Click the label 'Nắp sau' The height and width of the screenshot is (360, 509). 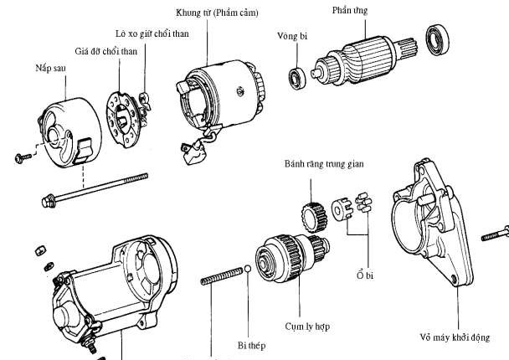(52, 66)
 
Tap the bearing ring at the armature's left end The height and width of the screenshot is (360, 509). (296, 79)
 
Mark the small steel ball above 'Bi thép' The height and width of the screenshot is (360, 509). (249, 269)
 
